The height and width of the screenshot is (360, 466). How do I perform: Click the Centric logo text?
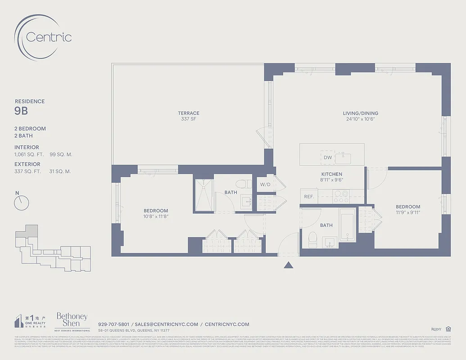click(49, 37)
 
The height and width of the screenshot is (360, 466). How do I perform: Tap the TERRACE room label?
click(188, 113)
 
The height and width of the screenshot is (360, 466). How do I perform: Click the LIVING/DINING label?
click(360, 113)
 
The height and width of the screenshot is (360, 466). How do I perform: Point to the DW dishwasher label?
click(327, 157)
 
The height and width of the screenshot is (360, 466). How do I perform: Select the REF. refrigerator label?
click(309, 197)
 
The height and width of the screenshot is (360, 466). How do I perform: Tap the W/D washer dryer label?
click(265, 184)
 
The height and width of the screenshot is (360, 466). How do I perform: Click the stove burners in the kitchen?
click(340, 196)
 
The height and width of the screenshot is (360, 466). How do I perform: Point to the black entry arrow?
click(289, 265)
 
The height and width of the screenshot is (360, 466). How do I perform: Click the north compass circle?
click(21, 203)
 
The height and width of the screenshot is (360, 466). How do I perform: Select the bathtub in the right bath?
click(347, 225)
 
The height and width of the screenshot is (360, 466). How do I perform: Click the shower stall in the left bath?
click(204, 195)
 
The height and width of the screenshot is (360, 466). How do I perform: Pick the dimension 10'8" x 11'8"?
click(156, 216)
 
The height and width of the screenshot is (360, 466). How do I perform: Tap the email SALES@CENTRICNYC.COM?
click(167, 324)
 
